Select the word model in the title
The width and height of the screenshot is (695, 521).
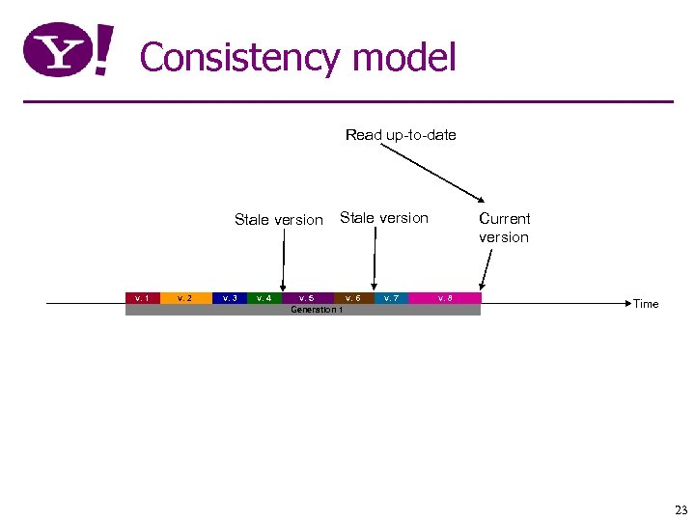404,58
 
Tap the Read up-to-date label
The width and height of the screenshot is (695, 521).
401,135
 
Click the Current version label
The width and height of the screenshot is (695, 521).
504,228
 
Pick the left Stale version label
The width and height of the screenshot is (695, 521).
278,220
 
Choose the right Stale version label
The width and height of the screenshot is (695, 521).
383,218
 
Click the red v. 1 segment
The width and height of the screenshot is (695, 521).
142,298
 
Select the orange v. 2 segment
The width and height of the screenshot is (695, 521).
185,298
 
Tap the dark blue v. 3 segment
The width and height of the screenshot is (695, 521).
229,298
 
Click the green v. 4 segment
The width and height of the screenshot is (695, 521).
264,298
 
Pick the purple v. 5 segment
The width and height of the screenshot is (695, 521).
307,298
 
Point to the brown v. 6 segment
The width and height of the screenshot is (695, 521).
353,298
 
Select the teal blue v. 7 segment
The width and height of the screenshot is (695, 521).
391,298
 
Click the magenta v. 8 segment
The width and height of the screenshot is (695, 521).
444,298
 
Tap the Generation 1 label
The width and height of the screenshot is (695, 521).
317,310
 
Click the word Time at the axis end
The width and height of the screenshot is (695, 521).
646,304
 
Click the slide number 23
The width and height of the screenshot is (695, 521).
681,510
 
